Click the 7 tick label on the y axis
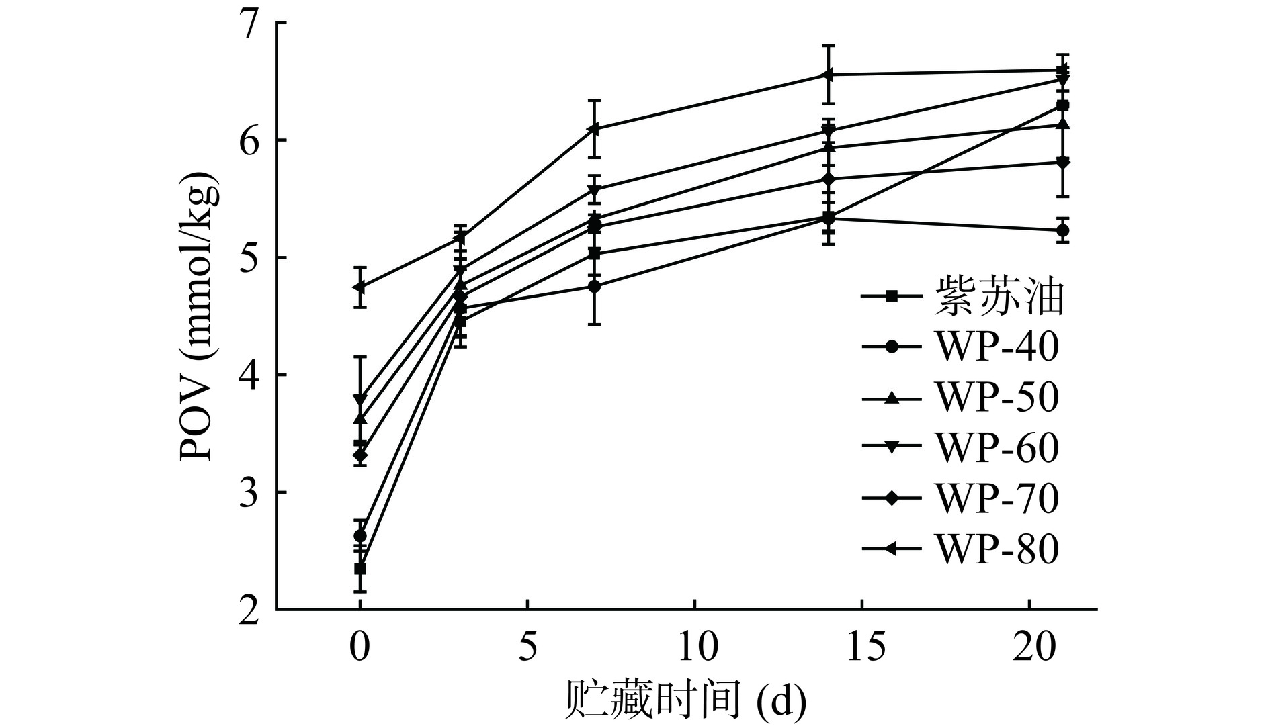click(250, 24)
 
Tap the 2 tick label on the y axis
click(250, 610)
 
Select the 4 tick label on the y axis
click(250, 375)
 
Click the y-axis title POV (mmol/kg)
click(200, 316)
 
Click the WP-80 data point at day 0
click(360, 287)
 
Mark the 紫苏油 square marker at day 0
click(360, 569)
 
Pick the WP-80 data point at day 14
click(829, 75)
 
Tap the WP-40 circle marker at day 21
click(1063, 230)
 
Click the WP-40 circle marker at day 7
click(594, 286)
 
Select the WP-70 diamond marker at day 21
click(1063, 162)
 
